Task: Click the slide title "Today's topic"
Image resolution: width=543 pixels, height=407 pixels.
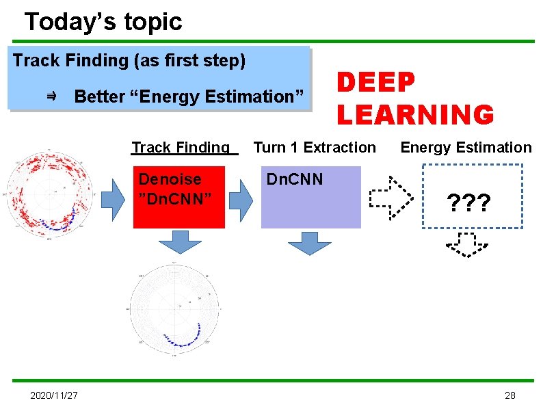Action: (103, 22)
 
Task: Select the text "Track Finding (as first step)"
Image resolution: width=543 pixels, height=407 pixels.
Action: (129, 60)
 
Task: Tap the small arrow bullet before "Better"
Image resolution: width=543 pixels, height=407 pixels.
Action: (51, 97)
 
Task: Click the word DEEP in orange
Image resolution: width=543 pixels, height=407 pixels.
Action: (375, 83)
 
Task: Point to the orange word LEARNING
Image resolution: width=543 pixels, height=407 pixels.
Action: (414, 114)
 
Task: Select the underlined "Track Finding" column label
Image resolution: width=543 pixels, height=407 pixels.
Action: (181, 147)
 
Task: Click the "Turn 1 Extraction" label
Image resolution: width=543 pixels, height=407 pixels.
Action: (315, 147)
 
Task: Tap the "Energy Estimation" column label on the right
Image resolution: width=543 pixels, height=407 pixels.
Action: (465, 147)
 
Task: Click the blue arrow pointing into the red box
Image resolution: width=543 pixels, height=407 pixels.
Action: (113, 198)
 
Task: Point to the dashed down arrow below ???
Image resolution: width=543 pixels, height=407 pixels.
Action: (467, 245)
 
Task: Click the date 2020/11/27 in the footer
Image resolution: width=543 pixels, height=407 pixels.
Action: (54, 395)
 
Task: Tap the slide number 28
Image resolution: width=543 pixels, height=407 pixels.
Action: (509, 395)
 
